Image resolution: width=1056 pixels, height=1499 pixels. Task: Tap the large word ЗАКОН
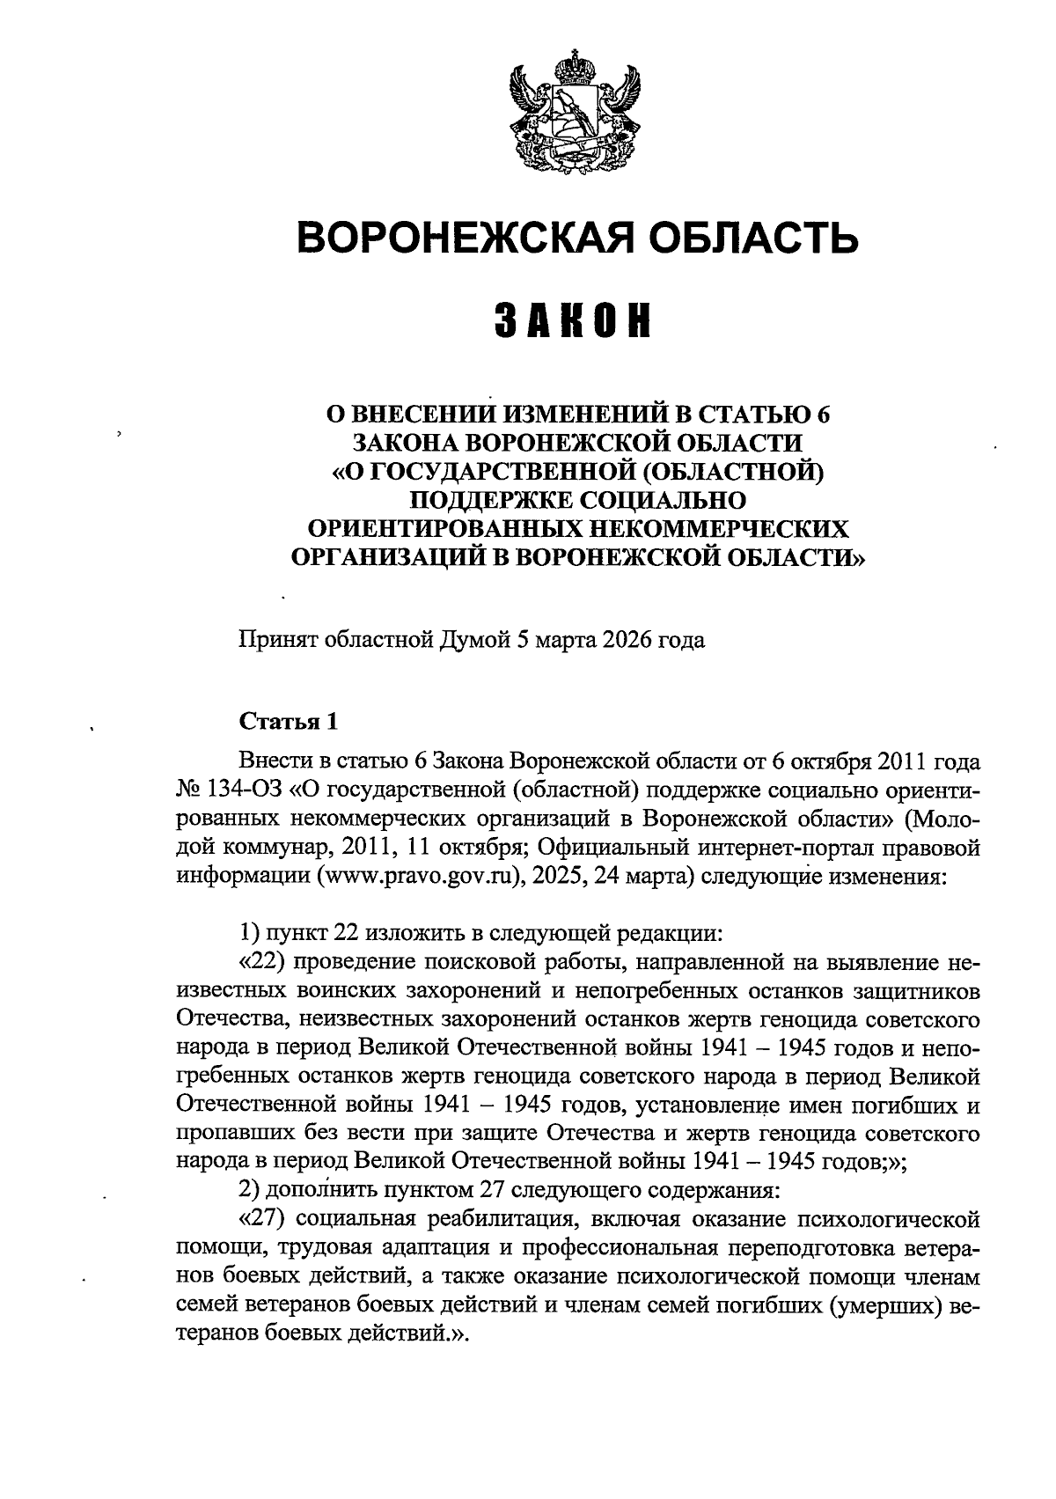[572, 321]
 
